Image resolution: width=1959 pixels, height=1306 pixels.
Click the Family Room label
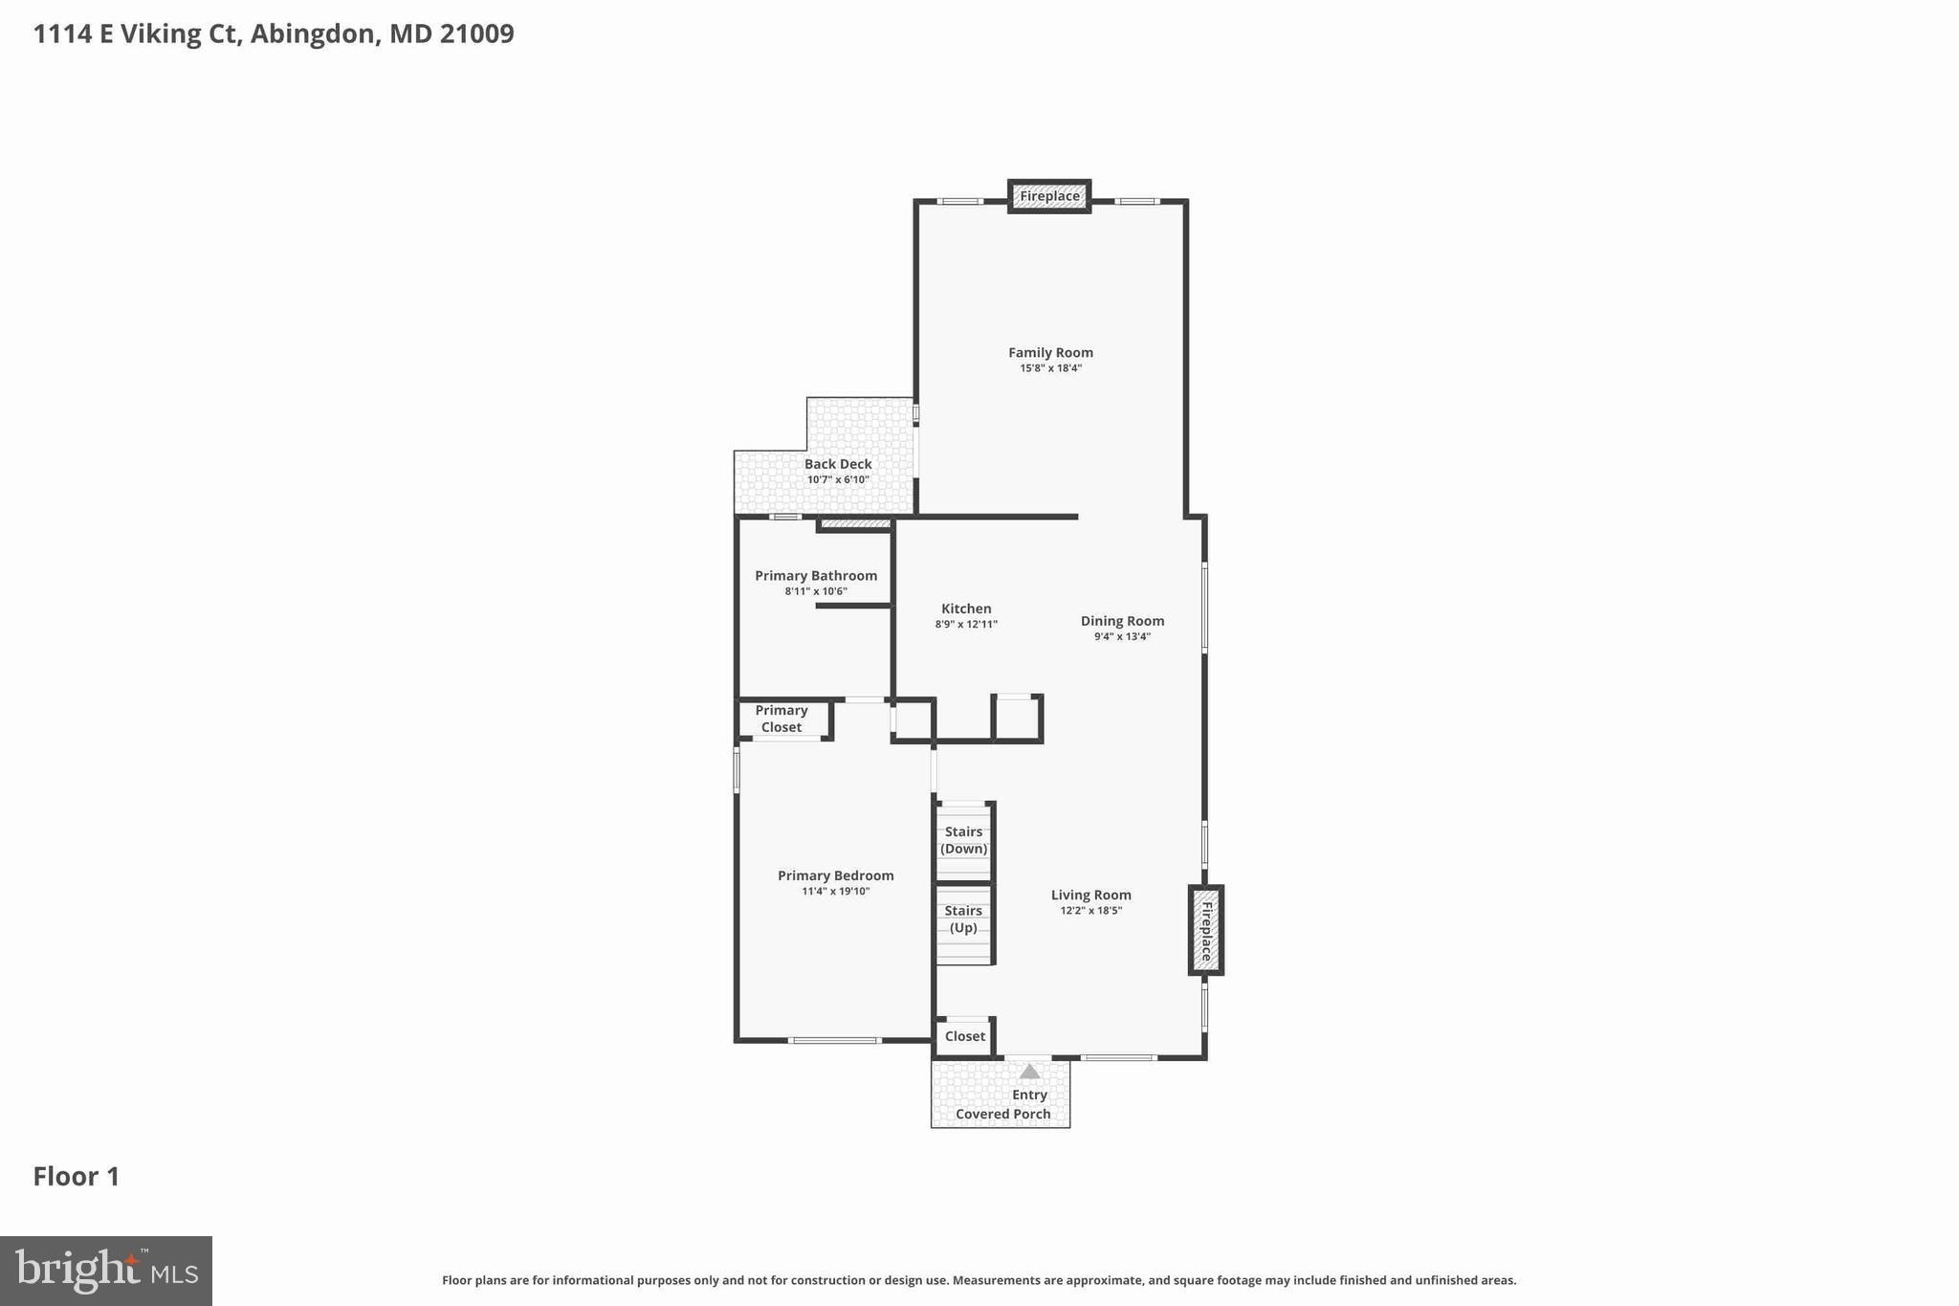[x=1050, y=352]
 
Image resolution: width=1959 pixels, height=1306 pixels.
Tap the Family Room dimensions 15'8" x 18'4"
[x=1050, y=368]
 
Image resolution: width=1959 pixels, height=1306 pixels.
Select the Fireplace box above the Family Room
[x=1049, y=196]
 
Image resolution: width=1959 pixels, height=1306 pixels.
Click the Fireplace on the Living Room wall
[x=1206, y=930]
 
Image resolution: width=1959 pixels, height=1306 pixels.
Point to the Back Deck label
[x=838, y=464]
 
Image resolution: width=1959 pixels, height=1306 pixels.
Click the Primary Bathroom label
[x=816, y=575]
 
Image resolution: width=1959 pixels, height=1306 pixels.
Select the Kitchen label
[x=966, y=609]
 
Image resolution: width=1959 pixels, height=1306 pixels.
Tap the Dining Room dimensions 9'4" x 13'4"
[x=1122, y=636]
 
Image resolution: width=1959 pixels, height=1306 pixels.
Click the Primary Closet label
[x=781, y=719]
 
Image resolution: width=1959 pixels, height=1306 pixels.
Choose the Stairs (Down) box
[x=963, y=841]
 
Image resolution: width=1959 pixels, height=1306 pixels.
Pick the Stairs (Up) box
[x=963, y=920]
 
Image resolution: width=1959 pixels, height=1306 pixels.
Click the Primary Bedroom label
[x=835, y=875]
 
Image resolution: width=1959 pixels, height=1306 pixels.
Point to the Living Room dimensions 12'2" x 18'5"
[x=1090, y=911]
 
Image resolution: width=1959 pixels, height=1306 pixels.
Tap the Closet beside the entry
[x=964, y=1036]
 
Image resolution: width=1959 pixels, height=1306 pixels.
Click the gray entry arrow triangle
[x=1029, y=1072]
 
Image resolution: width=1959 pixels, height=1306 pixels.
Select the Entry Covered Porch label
[x=1003, y=1104]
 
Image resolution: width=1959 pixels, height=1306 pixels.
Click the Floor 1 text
[x=77, y=1177]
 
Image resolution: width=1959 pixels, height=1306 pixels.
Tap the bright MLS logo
[x=106, y=1271]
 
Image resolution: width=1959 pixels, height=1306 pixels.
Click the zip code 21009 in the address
[x=476, y=33]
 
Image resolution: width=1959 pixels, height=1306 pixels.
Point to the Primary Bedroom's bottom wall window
[x=834, y=1040]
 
